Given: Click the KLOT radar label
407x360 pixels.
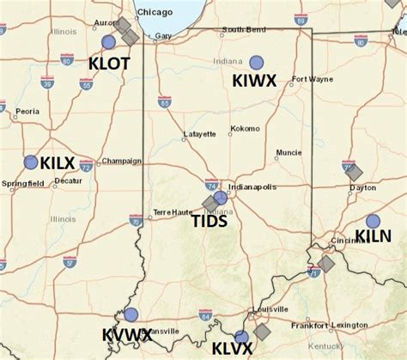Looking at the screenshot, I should point(109,63).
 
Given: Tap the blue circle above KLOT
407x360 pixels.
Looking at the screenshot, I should point(108,41).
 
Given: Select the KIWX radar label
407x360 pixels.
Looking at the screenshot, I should point(254,81).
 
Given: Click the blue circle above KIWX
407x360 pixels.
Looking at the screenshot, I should point(257,62).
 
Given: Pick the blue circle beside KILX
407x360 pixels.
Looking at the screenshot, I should point(31,162).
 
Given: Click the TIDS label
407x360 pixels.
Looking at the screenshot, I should point(209,221).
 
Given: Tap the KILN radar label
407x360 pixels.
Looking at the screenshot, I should point(374,236).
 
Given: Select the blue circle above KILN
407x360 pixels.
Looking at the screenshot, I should point(373,221).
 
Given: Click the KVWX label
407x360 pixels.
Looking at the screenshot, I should point(127,334).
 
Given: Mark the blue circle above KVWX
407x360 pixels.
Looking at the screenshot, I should point(131,314).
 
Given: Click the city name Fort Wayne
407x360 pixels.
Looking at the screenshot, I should point(310,80).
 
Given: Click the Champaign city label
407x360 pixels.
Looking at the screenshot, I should point(121,161).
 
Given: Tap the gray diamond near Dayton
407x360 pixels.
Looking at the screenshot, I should point(354,172).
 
